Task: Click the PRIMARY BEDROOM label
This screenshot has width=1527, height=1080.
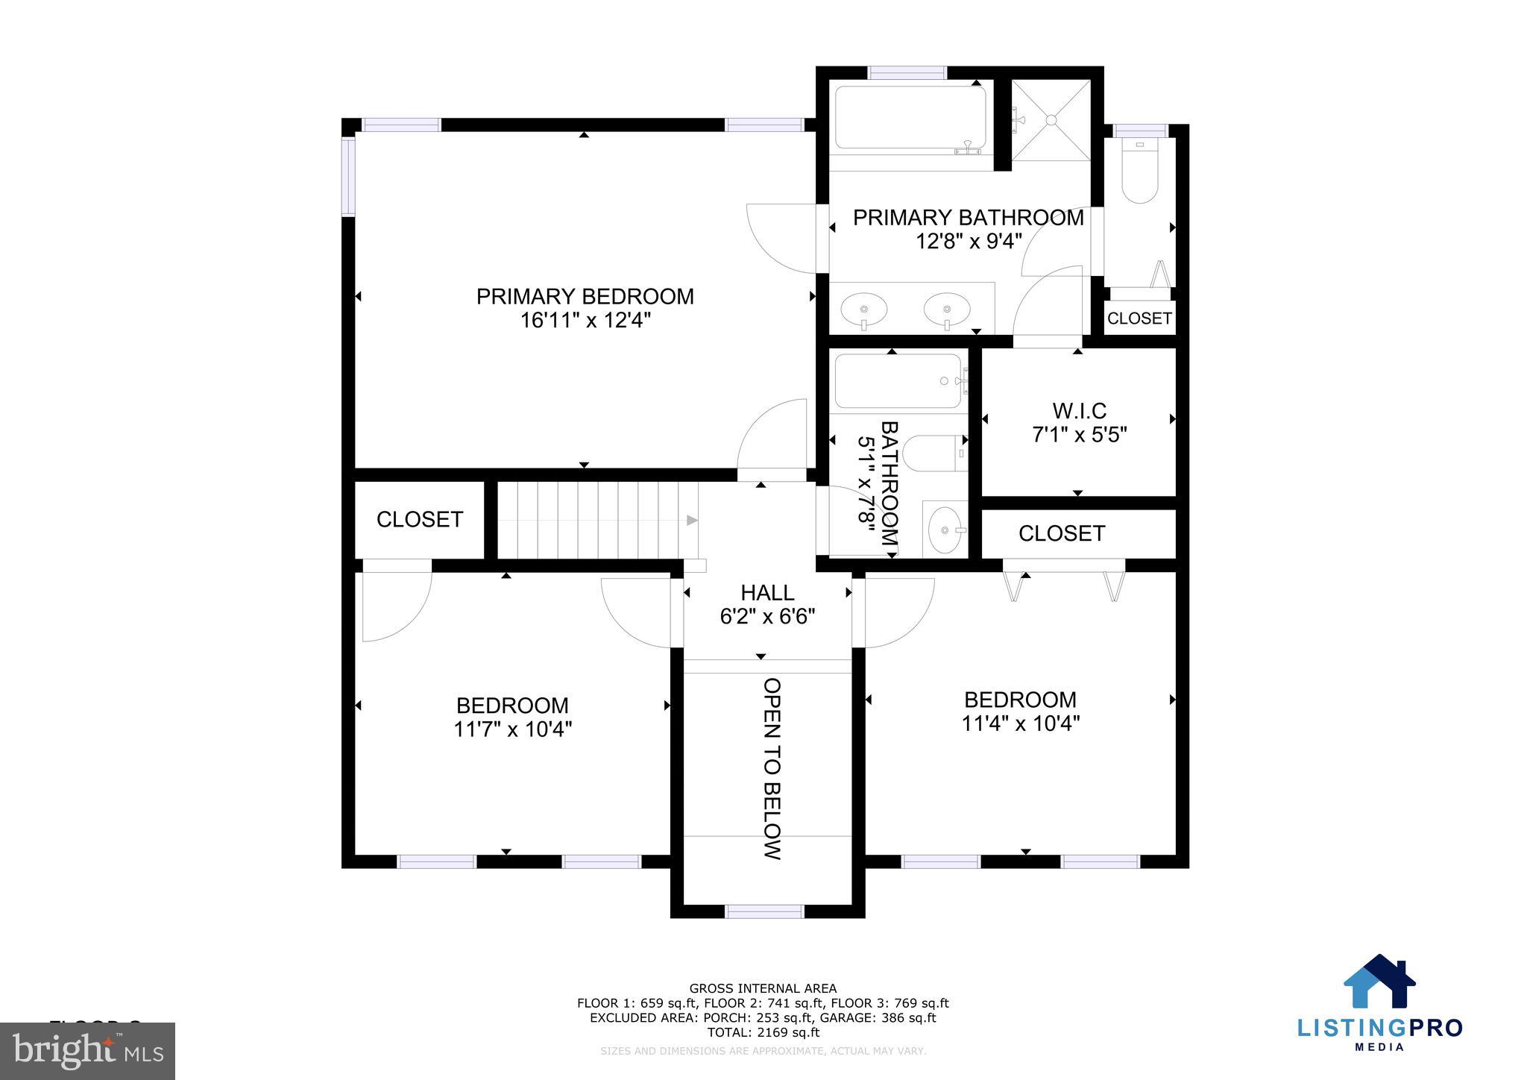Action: (x=585, y=296)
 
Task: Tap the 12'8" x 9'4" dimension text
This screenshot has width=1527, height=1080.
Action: (x=968, y=242)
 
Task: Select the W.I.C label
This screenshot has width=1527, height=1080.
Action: (x=1079, y=410)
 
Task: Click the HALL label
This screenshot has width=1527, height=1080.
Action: (x=767, y=593)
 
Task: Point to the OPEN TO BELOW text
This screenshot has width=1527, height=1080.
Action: (x=772, y=768)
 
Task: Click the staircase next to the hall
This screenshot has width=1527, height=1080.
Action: (x=596, y=520)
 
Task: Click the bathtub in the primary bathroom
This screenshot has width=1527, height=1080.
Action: (x=910, y=119)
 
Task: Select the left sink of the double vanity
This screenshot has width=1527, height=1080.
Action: (x=864, y=307)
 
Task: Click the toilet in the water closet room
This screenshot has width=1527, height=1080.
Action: (x=1139, y=175)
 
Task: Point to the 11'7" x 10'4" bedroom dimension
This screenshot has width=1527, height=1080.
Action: (x=512, y=729)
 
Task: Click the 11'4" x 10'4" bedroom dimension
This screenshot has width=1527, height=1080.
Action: (x=1020, y=723)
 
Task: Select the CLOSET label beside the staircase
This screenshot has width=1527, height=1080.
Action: (x=420, y=519)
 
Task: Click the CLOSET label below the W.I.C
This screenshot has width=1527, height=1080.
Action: (x=1062, y=533)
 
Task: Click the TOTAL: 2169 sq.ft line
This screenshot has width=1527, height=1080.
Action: (x=763, y=1033)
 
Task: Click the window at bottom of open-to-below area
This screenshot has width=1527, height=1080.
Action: (x=765, y=911)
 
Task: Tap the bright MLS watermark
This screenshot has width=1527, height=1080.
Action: (x=88, y=1052)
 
